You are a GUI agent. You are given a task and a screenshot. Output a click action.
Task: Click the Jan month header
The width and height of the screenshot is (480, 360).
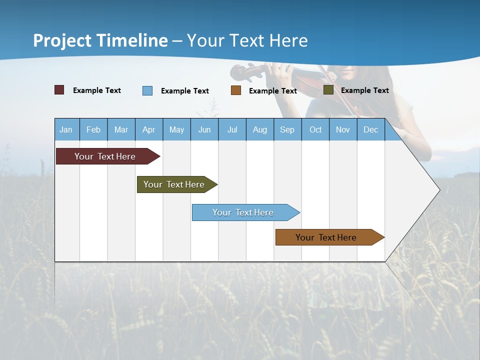66,129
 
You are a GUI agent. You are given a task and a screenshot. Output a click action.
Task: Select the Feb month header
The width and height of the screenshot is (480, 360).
93,129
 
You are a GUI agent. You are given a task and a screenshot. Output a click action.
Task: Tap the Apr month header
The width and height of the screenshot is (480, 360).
149,129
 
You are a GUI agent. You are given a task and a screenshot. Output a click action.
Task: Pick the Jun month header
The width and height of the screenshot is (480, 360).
204,129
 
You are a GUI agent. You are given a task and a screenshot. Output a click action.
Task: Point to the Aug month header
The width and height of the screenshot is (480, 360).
260,129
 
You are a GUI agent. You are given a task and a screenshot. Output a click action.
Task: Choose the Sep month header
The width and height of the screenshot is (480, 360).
287,129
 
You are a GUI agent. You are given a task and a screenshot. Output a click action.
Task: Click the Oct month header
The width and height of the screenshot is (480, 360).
315,129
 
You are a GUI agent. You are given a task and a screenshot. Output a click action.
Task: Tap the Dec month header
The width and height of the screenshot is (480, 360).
371,129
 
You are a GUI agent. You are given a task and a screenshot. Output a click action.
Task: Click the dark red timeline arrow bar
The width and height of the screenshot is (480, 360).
105,156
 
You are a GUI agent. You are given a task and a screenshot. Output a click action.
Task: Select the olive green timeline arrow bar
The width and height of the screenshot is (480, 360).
174,184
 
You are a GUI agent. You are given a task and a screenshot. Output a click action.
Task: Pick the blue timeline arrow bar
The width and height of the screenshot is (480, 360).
243,212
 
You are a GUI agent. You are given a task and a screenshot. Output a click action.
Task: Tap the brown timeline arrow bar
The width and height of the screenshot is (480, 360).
326,237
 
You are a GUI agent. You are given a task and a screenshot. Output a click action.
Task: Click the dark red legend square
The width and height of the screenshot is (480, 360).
59,90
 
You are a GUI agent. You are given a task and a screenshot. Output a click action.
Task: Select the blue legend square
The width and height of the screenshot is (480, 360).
147,90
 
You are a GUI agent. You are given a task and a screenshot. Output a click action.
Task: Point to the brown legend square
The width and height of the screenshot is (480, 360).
236,90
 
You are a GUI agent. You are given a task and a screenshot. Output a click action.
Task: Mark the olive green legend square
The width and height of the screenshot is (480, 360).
328,90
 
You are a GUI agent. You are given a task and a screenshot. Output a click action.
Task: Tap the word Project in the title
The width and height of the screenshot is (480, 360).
62,40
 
